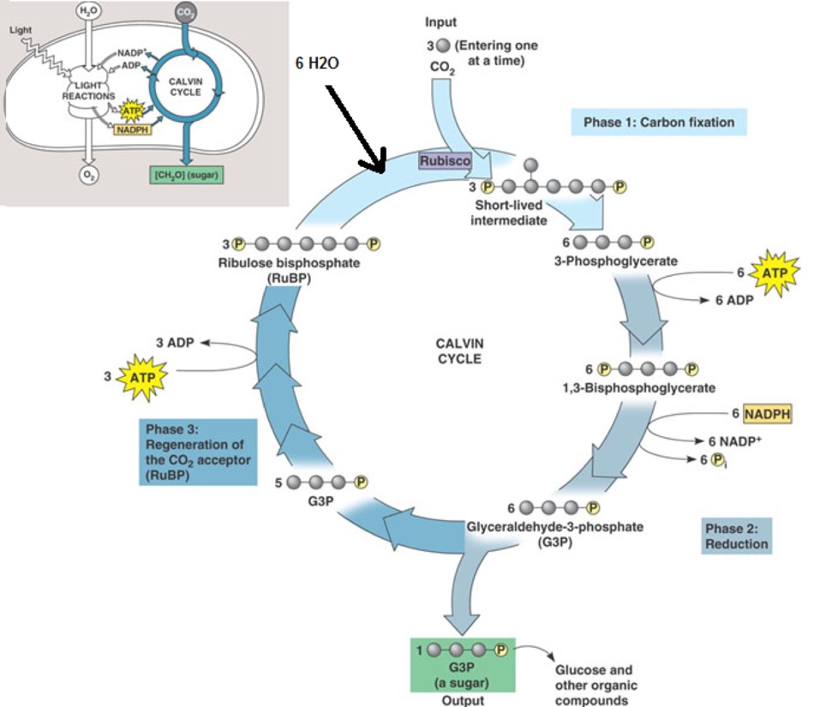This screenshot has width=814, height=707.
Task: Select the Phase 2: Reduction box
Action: [736, 536]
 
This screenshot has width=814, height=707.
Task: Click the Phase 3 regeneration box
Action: [198, 452]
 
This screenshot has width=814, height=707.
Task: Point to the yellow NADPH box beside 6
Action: [768, 414]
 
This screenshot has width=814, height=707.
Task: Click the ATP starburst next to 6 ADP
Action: [773, 274]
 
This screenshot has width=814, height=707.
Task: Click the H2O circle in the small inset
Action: [87, 12]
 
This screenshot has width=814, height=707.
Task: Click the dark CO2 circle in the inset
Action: [185, 13]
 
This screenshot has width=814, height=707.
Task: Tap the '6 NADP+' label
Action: [734, 440]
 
